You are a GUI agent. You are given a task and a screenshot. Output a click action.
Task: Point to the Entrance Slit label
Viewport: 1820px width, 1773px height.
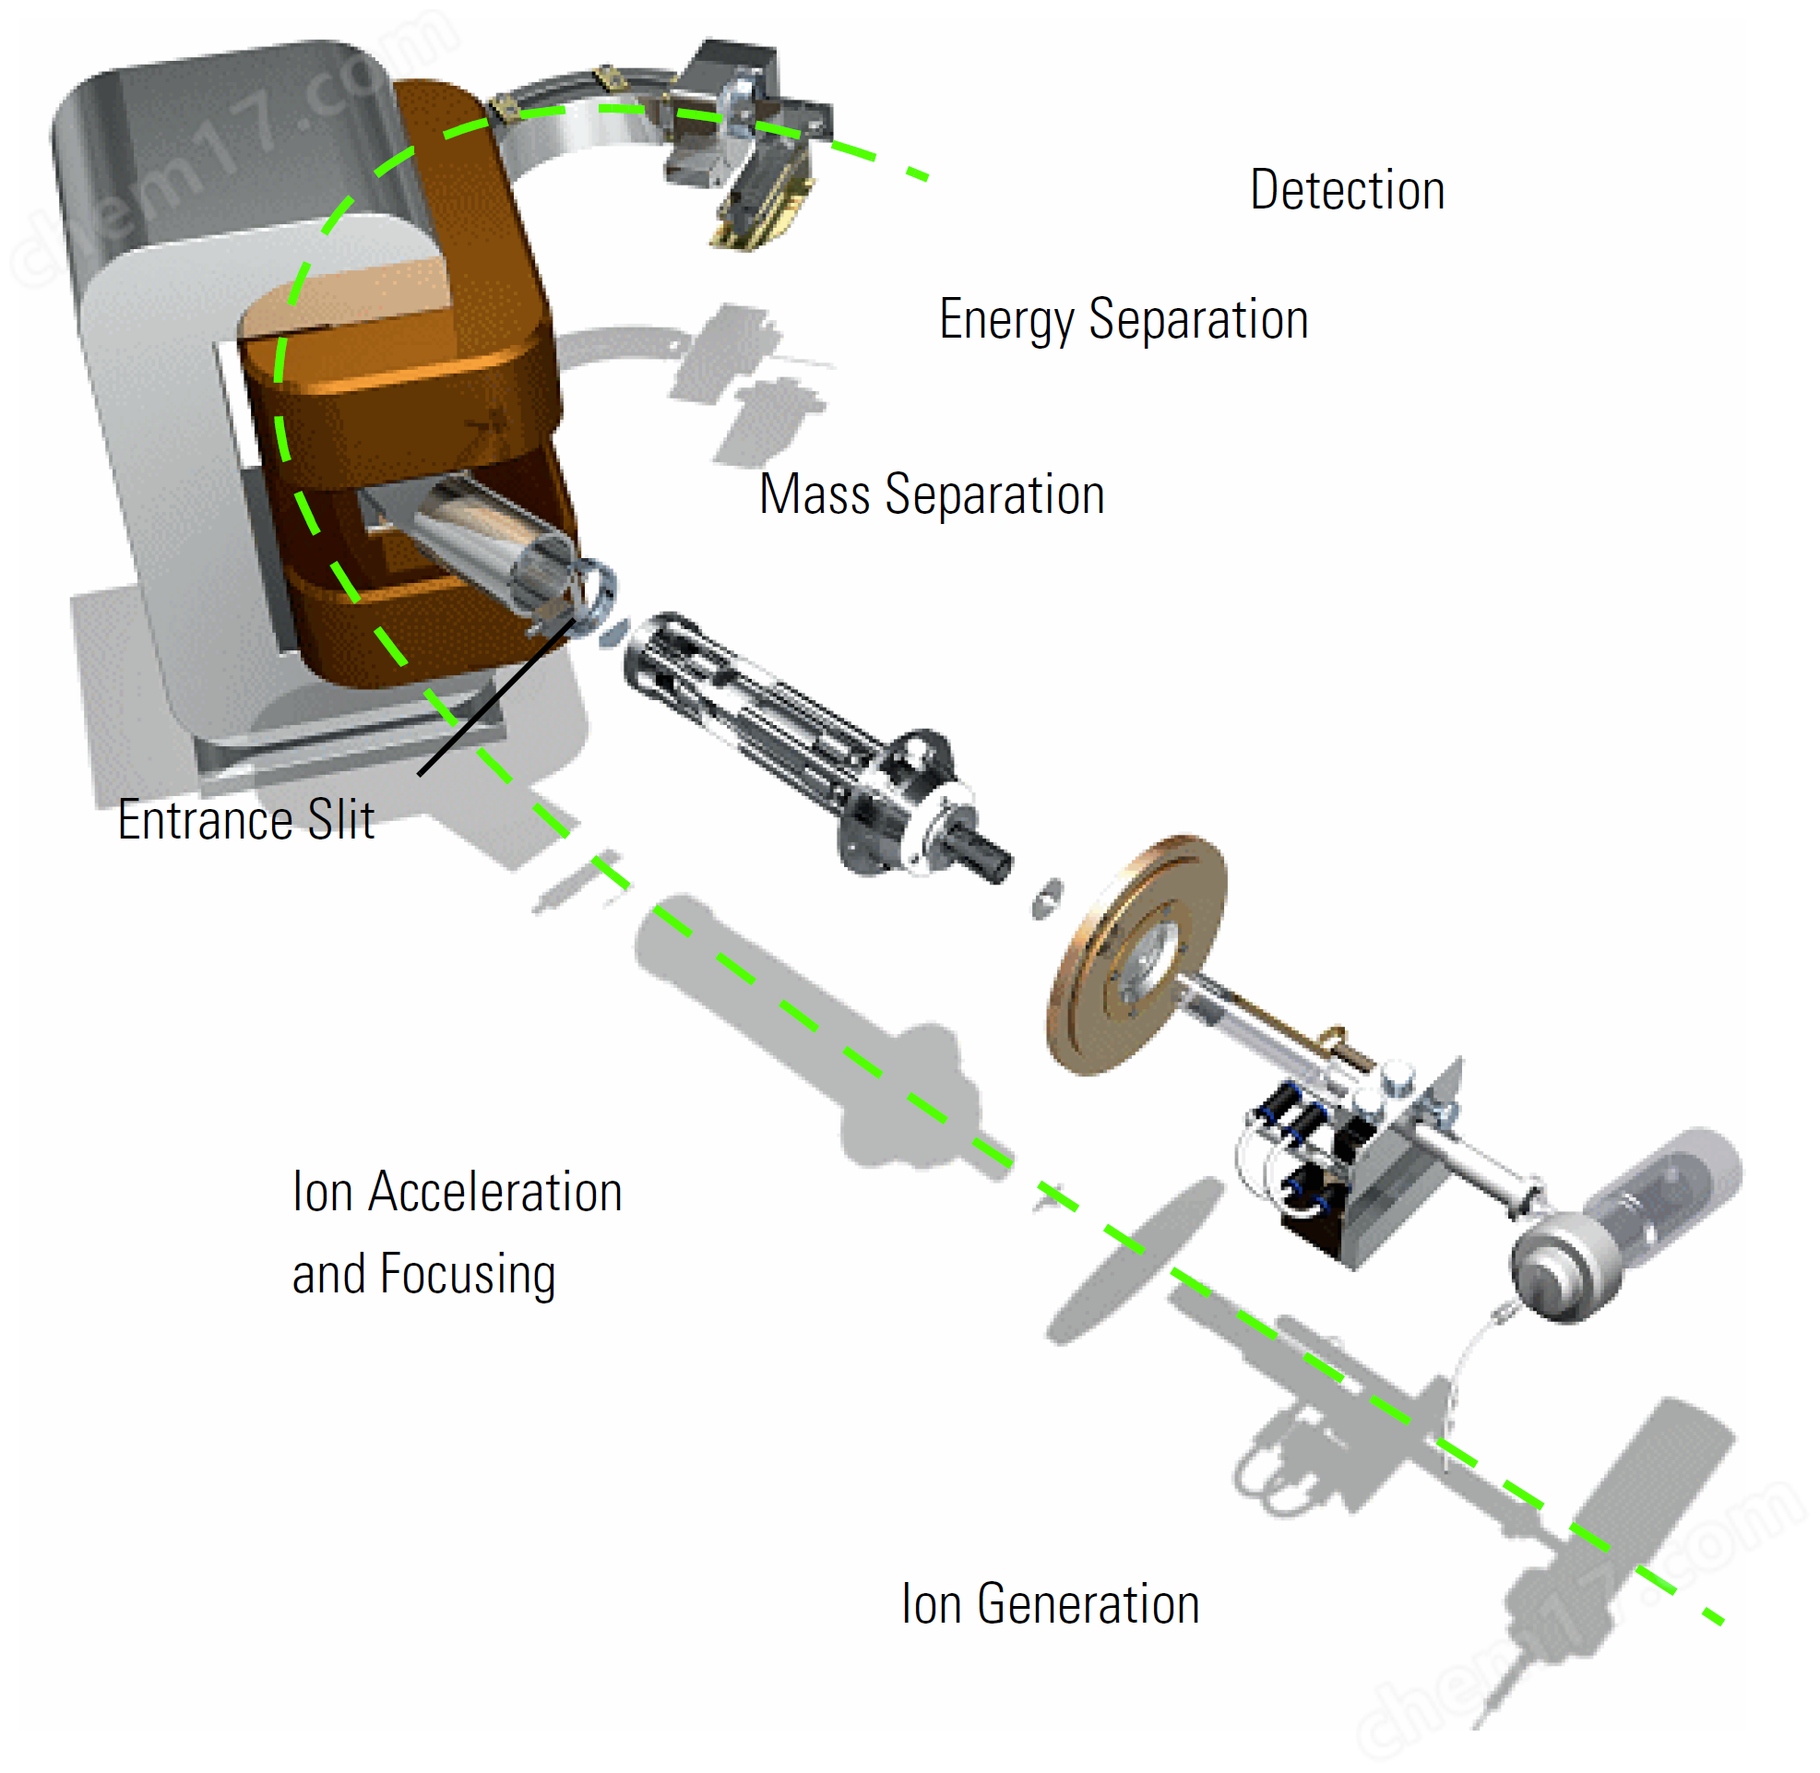click(x=245, y=820)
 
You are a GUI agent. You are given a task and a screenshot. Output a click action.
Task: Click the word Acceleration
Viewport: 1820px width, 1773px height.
click(x=494, y=1192)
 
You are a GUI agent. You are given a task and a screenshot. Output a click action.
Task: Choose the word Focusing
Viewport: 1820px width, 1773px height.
click(x=468, y=1274)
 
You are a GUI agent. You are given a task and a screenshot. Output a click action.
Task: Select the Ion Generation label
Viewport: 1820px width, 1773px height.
click(x=1049, y=1603)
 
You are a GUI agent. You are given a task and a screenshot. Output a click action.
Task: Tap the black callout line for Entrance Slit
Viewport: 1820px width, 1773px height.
click(x=494, y=698)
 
